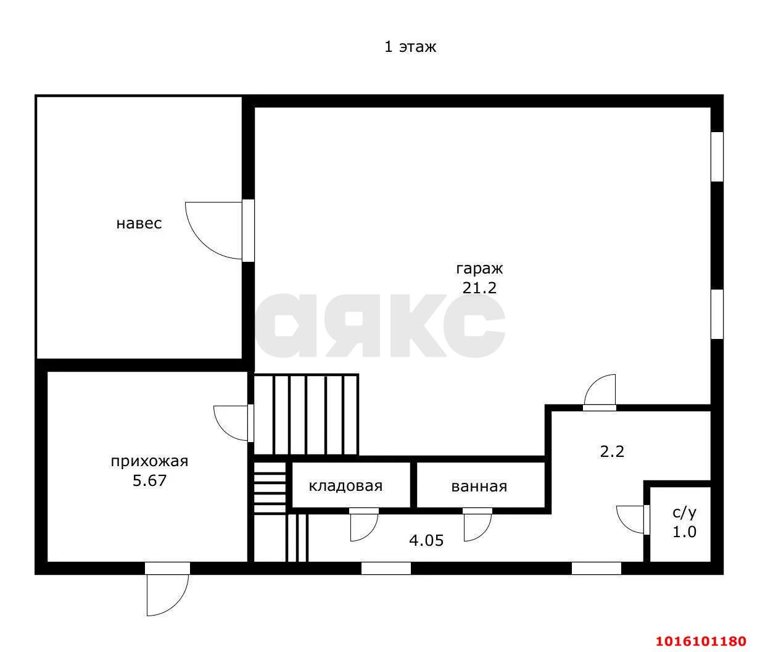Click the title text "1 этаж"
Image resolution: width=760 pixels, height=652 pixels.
410,47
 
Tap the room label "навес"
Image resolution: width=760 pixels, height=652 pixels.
139,224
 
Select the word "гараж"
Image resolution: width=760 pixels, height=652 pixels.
479,270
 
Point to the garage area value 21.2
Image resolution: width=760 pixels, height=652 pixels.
479,288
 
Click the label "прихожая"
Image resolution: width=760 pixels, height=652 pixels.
149,461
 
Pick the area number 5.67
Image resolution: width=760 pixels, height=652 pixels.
149,480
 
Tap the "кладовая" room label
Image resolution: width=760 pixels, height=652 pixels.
345,486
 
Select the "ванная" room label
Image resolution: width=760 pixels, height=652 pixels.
479,487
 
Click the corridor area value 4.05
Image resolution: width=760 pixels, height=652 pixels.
426,540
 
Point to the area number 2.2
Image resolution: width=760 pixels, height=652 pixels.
612,452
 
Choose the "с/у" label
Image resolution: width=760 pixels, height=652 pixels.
684,513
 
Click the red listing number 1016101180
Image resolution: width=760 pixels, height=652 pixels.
701,641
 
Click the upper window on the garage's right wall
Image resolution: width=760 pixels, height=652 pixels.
717,157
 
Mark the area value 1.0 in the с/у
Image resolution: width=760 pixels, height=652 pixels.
684,532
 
